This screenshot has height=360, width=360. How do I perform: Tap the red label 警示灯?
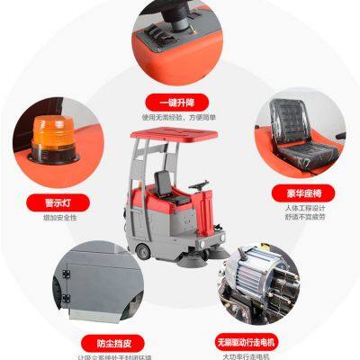click(x=57, y=204)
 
